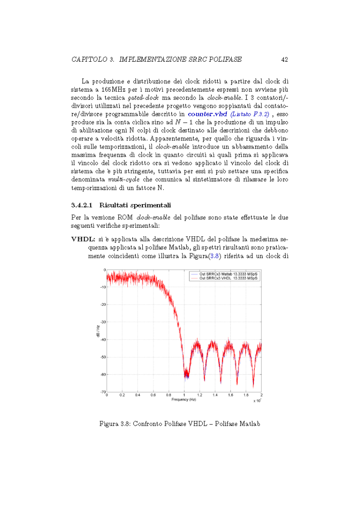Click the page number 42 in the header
(x=284, y=59)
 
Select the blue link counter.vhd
(x=208, y=114)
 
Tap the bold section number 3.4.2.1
(x=83, y=206)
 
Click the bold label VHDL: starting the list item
(x=83, y=239)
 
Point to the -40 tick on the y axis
(x=102, y=340)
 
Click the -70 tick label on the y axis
(x=102, y=392)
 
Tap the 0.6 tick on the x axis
(x=153, y=396)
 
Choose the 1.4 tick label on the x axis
(x=215, y=396)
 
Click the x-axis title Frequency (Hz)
(x=184, y=399)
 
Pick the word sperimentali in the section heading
(x=144, y=206)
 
